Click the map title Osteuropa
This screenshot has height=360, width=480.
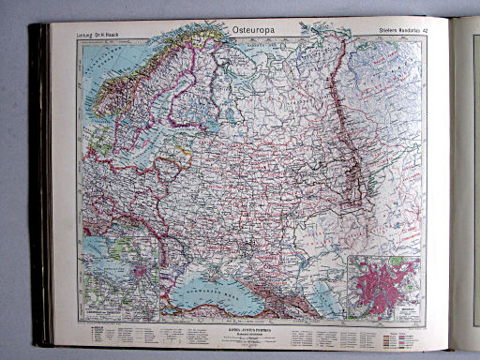click(x=252, y=29)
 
